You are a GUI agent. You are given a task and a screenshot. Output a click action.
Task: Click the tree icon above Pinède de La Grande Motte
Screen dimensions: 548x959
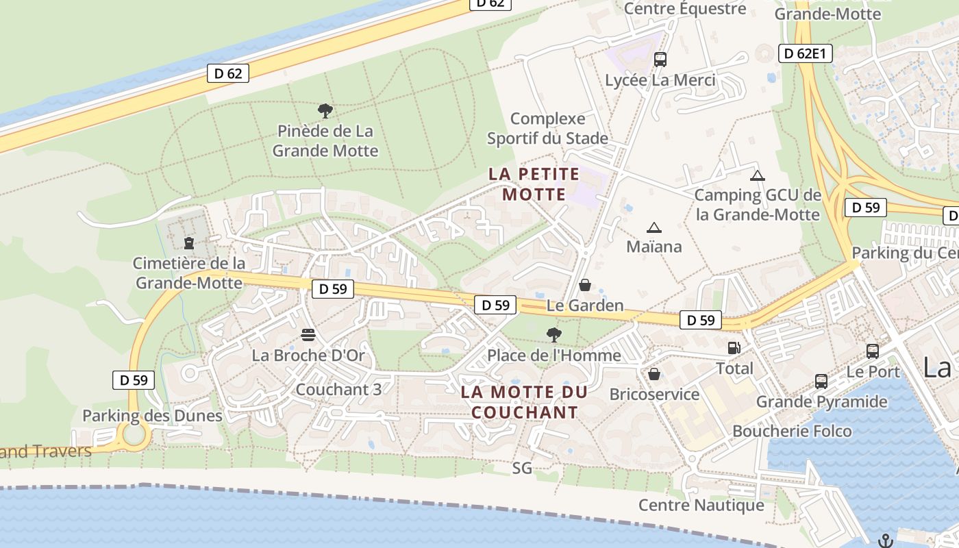point(325,110)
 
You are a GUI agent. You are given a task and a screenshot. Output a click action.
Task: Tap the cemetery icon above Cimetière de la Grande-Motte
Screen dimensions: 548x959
point(189,242)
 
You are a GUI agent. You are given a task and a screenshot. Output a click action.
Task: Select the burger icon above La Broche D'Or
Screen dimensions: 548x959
point(308,335)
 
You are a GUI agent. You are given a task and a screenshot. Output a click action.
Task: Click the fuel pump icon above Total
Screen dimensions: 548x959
point(734,348)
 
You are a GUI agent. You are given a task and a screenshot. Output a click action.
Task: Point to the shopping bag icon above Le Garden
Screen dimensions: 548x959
point(585,284)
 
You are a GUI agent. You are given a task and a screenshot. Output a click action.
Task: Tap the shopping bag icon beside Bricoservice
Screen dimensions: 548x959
point(654,374)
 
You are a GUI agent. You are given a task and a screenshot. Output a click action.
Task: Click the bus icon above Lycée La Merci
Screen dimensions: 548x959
point(660,60)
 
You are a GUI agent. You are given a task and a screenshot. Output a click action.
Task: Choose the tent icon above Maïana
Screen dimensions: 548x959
point(654,227)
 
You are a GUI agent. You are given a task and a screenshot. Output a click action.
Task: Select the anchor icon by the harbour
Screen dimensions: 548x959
point(886,540)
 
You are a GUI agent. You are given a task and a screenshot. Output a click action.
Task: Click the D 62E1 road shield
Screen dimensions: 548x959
point(805,53)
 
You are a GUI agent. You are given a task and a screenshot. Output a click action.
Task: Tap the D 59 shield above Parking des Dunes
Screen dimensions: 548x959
point(134,379)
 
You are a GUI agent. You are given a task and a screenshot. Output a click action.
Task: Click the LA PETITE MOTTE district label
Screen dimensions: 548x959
point(534,184)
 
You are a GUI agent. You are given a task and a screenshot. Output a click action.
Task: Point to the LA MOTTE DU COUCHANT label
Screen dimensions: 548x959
point(525,402)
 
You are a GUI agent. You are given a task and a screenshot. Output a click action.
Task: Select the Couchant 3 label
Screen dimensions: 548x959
point(338,389)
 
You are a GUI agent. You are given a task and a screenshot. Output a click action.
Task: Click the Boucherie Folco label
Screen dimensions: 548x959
point(792,431)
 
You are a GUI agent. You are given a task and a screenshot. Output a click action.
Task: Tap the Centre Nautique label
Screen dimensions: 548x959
point(701,505)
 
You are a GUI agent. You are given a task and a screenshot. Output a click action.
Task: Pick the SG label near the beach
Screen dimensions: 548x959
point(522,469)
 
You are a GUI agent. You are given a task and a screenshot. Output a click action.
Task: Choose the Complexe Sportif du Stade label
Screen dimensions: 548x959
point(547,129)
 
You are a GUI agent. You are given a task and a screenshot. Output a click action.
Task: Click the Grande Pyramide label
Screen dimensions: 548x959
point(821,401)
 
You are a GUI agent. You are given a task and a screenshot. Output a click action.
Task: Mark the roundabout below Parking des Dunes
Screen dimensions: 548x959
point(134,434)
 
